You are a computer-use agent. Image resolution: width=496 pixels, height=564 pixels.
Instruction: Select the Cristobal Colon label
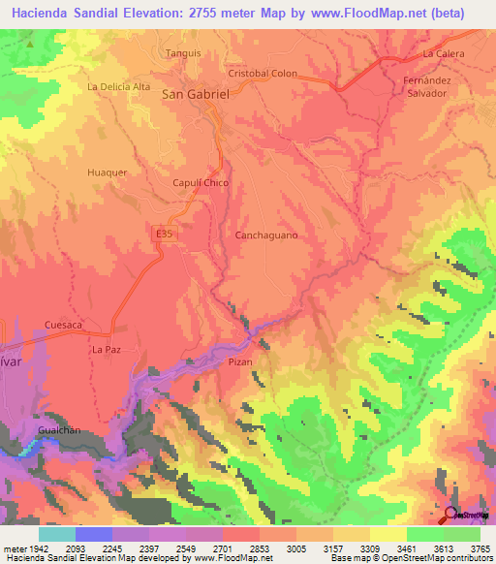(263, 74)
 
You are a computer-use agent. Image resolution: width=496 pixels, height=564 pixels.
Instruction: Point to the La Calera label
(444, 54)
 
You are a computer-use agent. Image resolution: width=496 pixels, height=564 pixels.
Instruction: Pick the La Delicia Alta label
(119, 86)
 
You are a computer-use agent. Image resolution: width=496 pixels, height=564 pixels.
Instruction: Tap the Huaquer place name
(108, 172)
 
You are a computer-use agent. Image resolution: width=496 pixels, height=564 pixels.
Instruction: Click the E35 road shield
(165, 234)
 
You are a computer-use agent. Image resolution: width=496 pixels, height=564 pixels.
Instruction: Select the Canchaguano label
(266, 235)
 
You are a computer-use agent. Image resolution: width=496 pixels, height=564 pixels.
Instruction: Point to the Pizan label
(240, 361)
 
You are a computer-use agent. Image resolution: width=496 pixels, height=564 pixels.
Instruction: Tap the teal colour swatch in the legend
(57, 534)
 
